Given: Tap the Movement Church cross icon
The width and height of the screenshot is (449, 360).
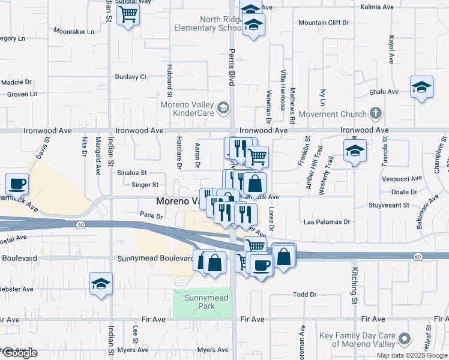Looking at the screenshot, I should (376, 113).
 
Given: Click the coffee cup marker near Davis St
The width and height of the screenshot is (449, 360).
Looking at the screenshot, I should (17, 184).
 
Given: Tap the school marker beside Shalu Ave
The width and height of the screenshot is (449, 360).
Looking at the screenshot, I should (421, 87).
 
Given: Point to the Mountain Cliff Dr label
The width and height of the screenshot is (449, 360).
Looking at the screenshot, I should (324, 23).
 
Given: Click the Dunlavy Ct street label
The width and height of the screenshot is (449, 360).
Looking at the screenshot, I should (131, 77).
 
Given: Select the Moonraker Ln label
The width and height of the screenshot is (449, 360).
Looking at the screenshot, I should (74, 31).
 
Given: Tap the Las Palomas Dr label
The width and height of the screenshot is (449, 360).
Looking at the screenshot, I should (324, 221).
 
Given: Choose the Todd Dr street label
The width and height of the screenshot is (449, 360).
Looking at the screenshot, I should (304, 295).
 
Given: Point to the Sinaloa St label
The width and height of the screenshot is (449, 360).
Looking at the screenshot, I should (131, 172).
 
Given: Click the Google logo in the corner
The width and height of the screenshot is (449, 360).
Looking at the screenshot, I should (19, 353).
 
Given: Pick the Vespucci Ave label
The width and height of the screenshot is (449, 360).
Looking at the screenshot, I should (399, 179).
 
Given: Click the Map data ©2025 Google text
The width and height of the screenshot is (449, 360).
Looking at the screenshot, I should (412, 355).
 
